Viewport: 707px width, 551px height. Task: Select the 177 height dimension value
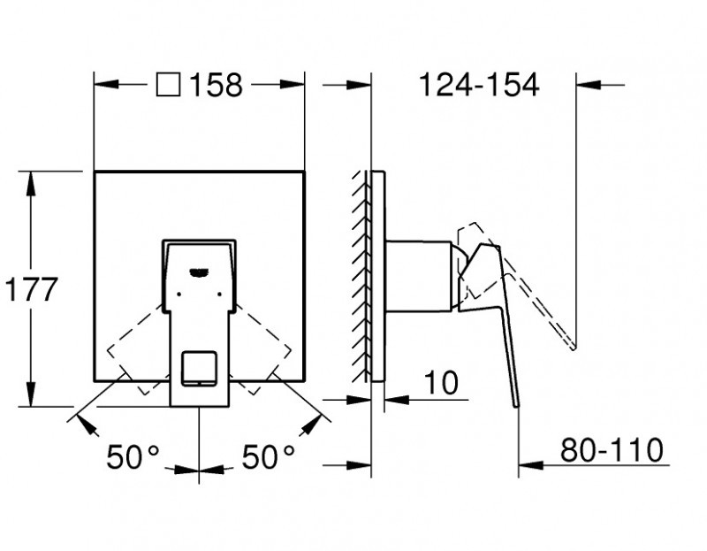pyautogui.click(x=31, y=289)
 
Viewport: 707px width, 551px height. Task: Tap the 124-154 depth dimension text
pyautogui.click(x=478, y=86)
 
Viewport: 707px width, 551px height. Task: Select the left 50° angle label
pyautogui.click(x=133, y=457)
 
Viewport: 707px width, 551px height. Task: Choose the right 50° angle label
pyautogui.click(x=268, y=457)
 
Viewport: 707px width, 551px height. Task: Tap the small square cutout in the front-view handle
pyautogui.click(x=198, y=368)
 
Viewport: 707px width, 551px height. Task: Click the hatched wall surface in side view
pyautogui.click(x=361, y=274)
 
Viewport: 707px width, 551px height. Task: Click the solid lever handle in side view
pyautogui.click(x=495, y=310)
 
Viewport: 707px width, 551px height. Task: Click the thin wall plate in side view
pyautogui.click(x=378, y=274)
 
